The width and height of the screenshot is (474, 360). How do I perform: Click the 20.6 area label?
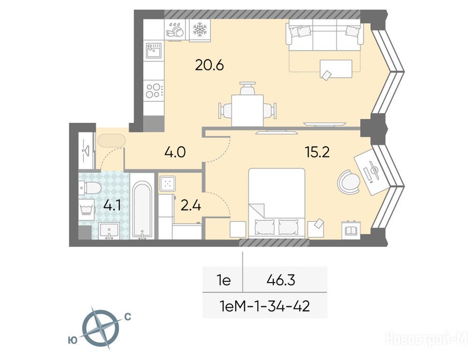pos(209,65)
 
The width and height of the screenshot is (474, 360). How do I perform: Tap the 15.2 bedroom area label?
pos(317,153)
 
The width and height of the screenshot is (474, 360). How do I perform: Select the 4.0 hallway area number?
pos(175,152)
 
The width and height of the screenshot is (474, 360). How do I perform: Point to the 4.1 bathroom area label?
pos(112,206)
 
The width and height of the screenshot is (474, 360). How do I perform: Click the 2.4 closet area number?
pos(191,206)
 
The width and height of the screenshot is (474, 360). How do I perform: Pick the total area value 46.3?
pos(281,280)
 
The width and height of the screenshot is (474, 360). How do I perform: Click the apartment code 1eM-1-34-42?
pos(266,307)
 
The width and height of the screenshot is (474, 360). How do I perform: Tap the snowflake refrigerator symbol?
pos(200,30)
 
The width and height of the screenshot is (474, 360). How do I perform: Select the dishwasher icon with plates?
pos(175,30)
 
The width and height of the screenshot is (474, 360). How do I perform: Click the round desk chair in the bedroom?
pos(349,182)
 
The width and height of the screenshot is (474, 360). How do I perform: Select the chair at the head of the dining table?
pos(247,88)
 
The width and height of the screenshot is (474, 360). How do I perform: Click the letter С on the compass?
pos(127,317)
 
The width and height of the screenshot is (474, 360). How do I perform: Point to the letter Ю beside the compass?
pos(72,341)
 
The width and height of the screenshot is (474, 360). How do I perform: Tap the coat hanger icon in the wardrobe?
pos(86,150)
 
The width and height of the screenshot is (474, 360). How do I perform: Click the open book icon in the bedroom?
pos(351,231)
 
